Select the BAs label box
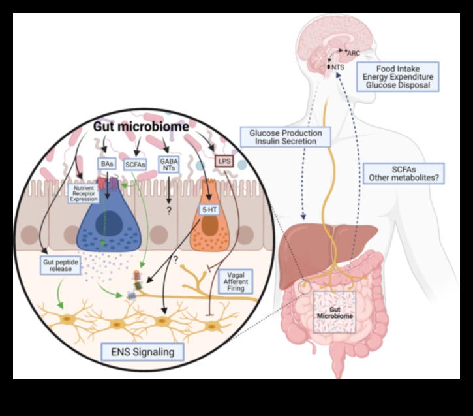pos(106,165)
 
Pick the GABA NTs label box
pos(169,164)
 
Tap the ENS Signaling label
pos(143,353)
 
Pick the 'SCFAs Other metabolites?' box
pos(399,173)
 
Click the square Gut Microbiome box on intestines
pos(337,312)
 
